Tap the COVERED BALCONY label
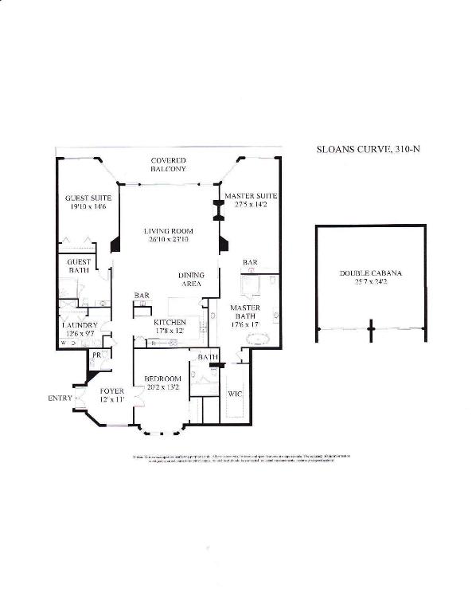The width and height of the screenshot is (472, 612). (169, 165)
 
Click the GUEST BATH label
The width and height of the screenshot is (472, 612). (78, 266)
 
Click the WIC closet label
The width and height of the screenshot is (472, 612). (234, 394)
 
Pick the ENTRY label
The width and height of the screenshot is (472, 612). (59, 398)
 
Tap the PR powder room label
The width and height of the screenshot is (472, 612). (95, 353)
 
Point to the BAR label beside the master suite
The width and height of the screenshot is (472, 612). (250, 262)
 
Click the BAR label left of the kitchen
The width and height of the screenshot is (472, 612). (142, 296)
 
